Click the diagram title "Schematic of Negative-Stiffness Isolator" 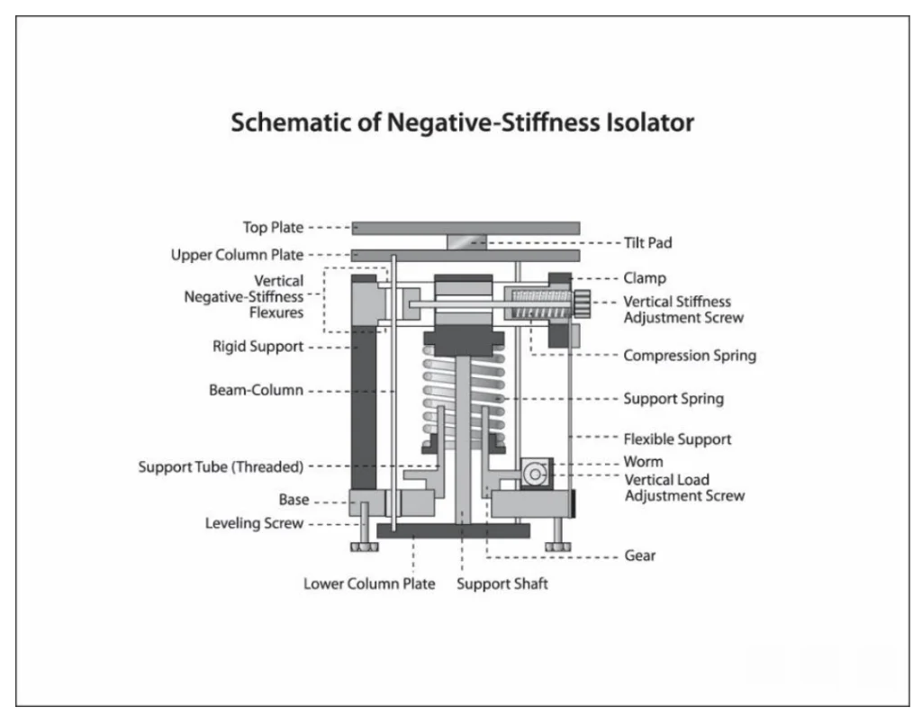coord(462,122)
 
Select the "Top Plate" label coord(273,228)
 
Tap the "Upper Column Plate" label coord(237,256)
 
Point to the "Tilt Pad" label coord(647,243)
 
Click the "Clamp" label coord(645,279)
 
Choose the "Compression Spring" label coord(690,356)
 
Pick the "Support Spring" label coord(673,398)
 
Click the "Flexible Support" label coord(677,439)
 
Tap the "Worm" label coord(643,462)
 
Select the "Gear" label coord(640,556)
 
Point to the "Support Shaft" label coord(502,584)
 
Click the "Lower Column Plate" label coord(369,584)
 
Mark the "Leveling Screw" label coord(254,523)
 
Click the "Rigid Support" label coord(258,347)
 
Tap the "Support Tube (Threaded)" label coord(221,466)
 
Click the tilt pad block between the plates coord(466,241)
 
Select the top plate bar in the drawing coord(466,228)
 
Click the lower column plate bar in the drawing coord(453,530)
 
